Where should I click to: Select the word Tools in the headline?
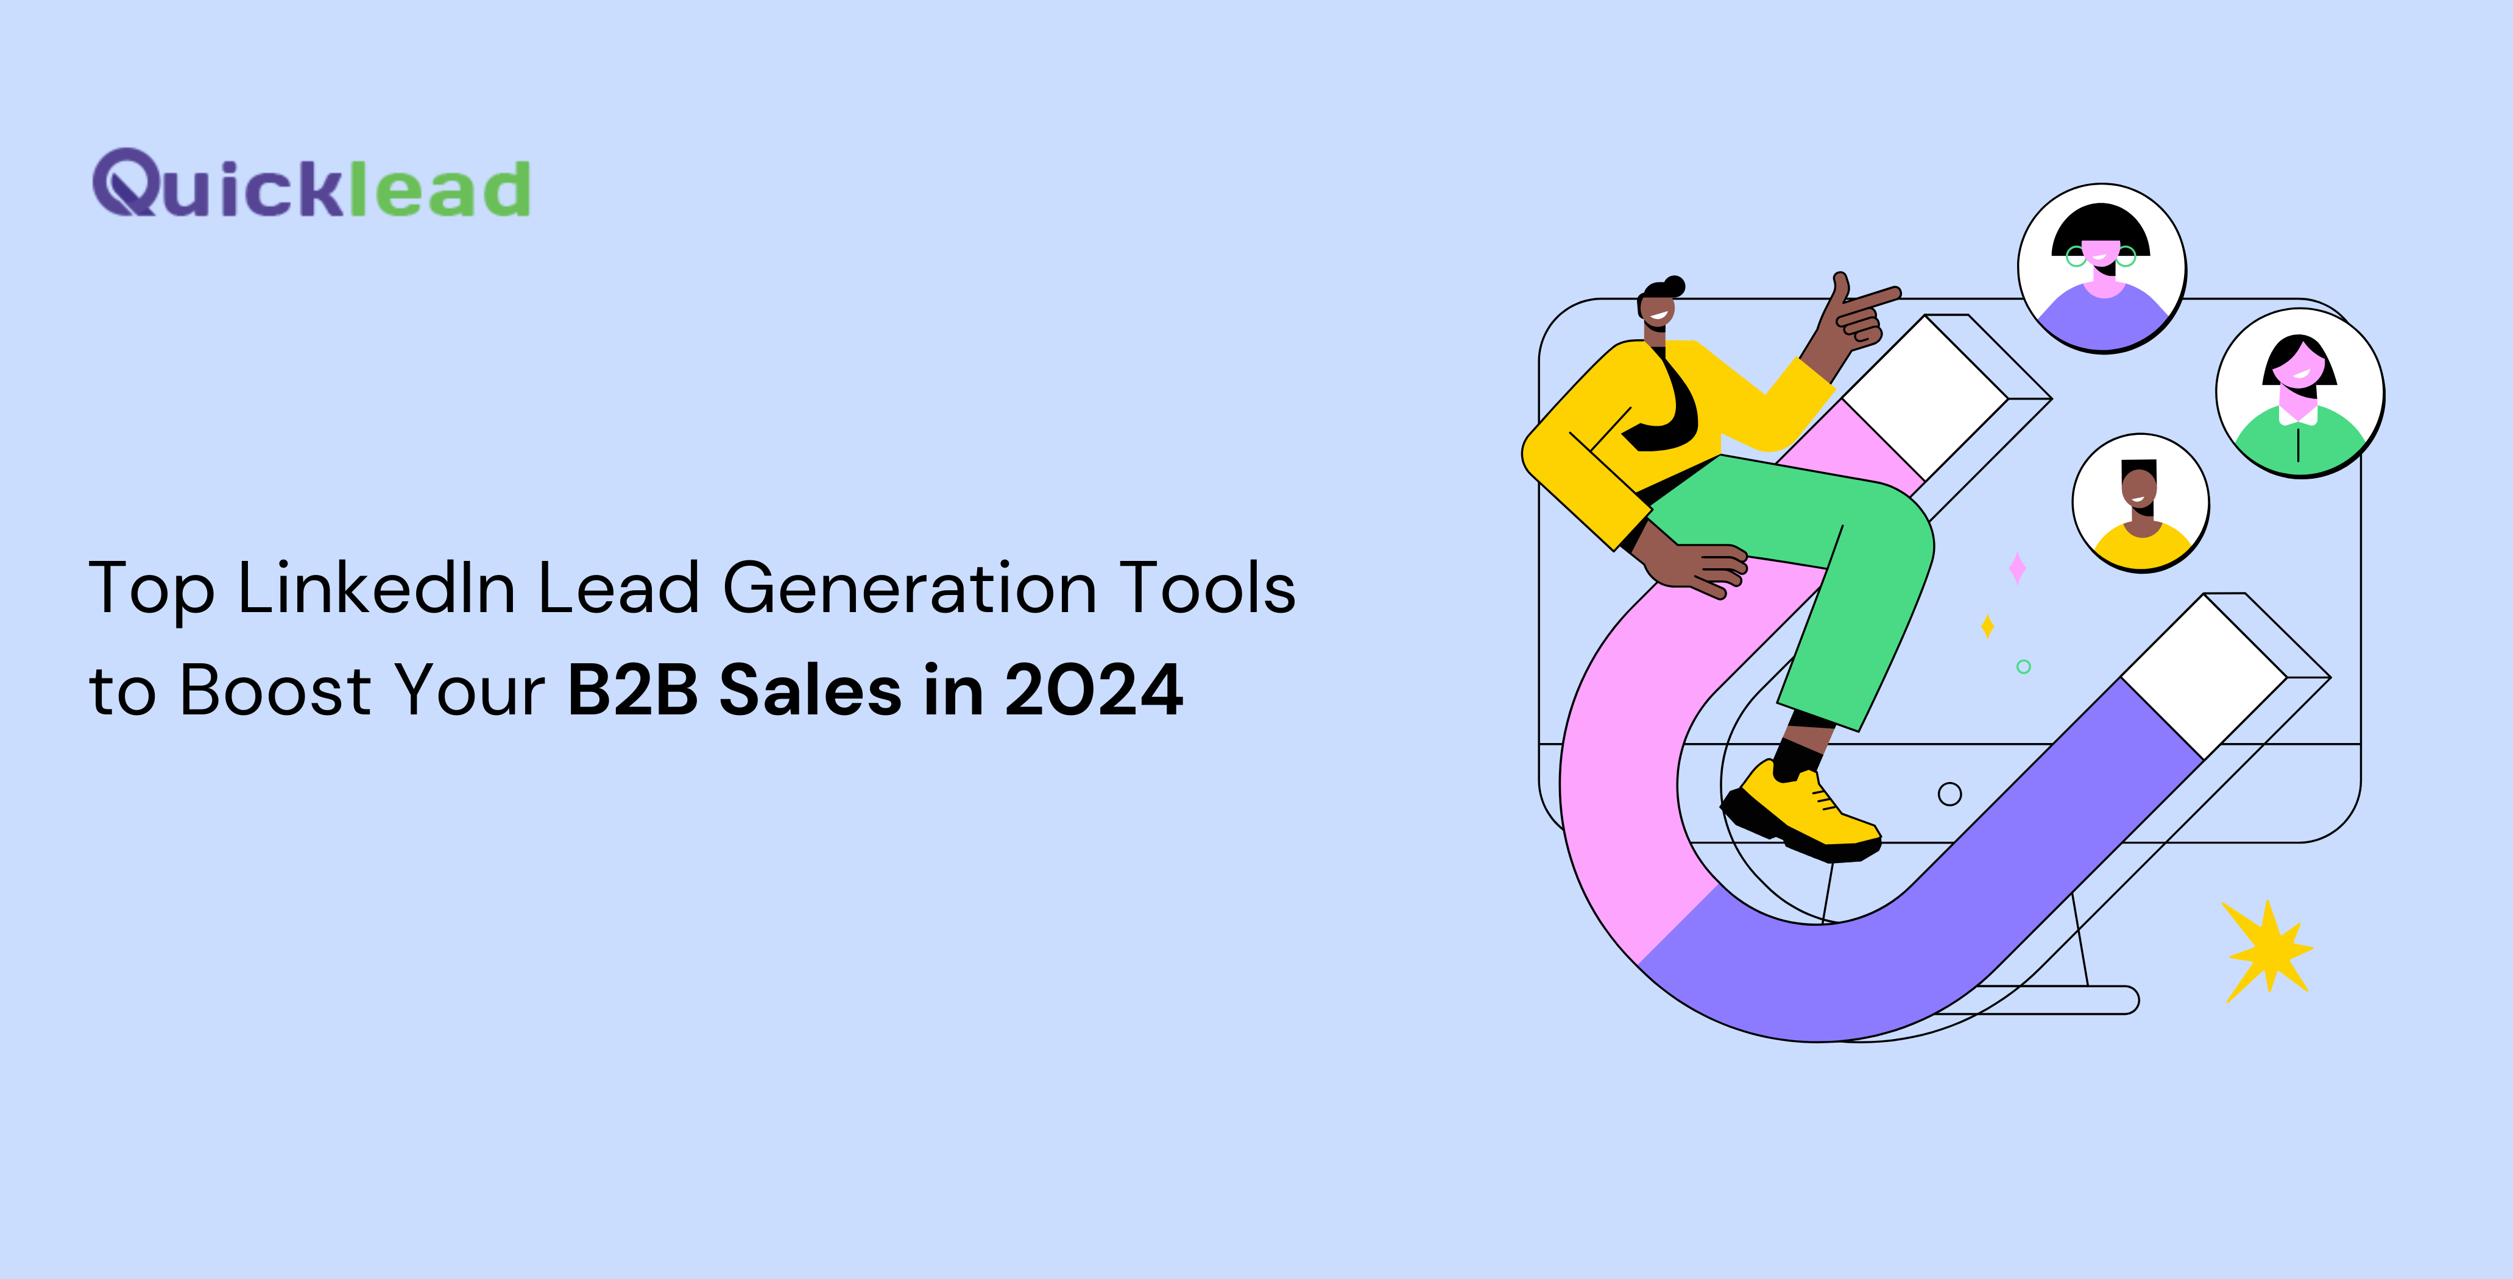tap(1207, 588)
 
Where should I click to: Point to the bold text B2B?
tap(633, 689)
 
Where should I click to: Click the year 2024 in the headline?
tap(1094, 689)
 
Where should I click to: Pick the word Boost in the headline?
tap(276, 689)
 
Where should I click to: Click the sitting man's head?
tap(1658, 305)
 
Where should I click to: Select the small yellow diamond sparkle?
tap(1987, 625)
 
